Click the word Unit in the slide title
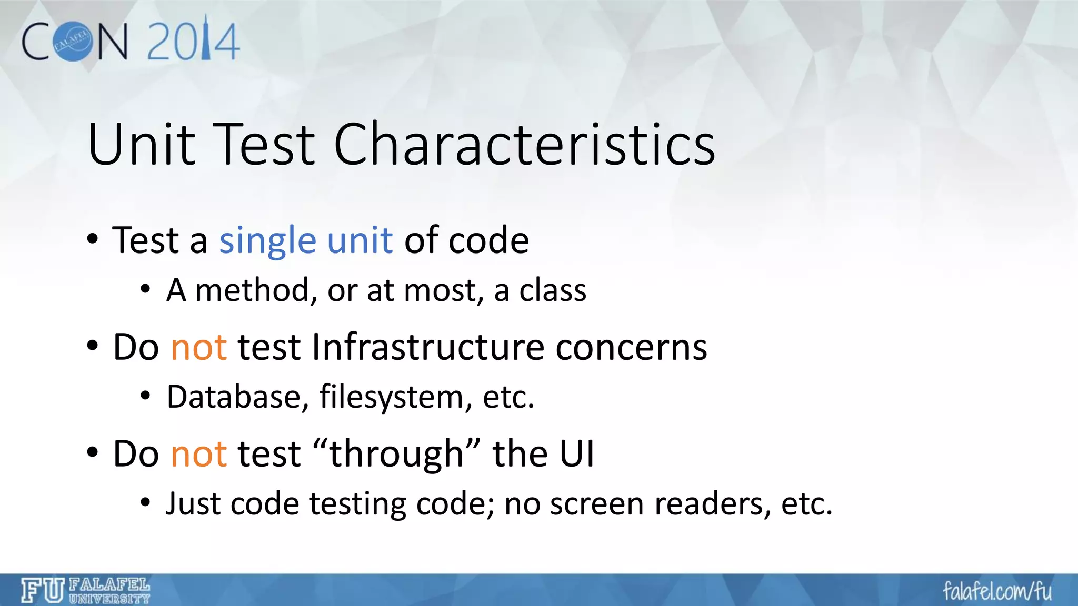[141, 144]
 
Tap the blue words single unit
[306, 240]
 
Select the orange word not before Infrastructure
[199, 348]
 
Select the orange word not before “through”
[199, 454]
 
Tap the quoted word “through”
[396, 454]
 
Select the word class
[553, 290]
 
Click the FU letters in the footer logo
[43, 590]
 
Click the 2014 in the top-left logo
[193, 41]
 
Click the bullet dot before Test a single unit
[93, 240]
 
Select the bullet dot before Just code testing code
[146, 503]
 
